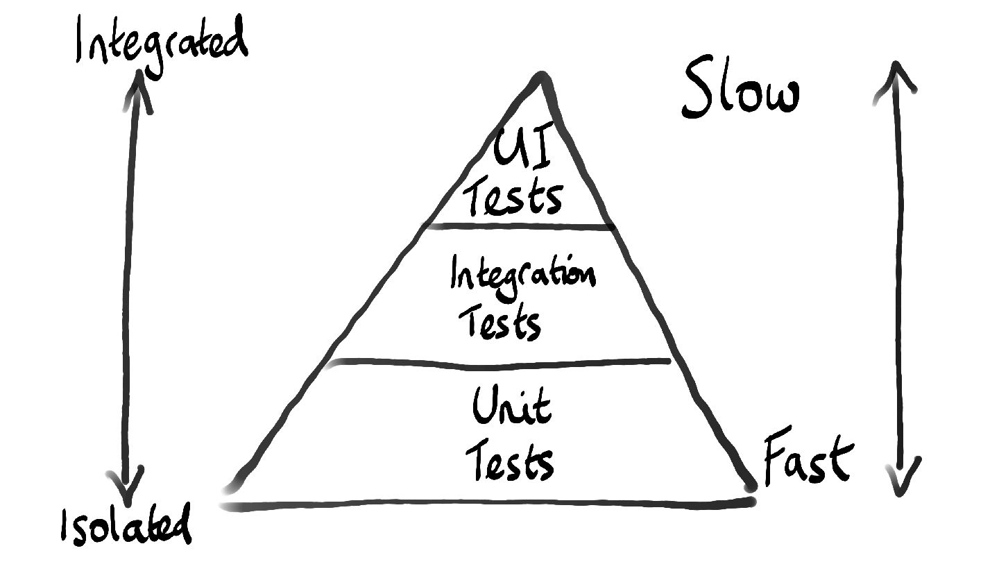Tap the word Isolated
[126, 527]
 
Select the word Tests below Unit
[510, 461]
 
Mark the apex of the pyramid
[542, 78]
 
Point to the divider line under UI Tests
[520, 226]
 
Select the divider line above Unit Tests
[499, 361]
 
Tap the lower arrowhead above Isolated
[126, 489]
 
